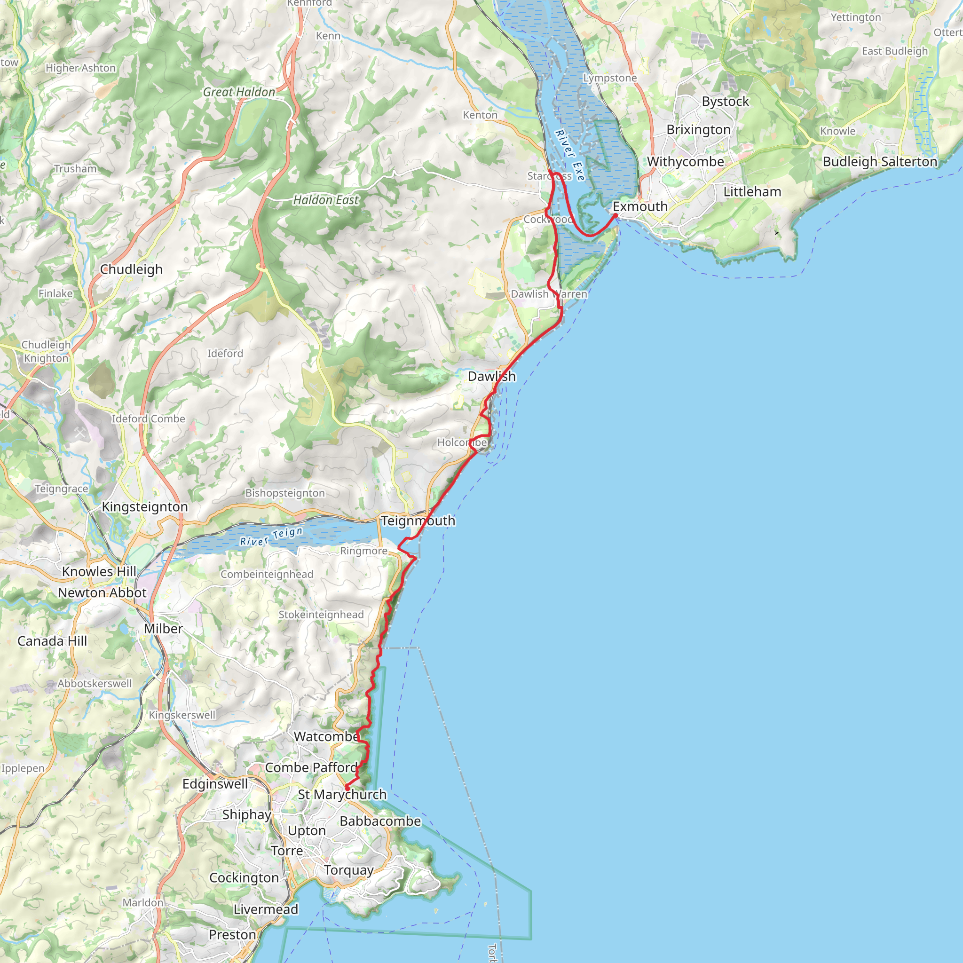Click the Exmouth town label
[x=640, y=206]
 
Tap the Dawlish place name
[x=491, y=376]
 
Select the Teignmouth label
[x=418, y=521]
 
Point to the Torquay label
[x=349, y=870]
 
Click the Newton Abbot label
[x=102, y=592]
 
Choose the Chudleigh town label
[x=132, y=269]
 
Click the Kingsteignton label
[x=145, y=506]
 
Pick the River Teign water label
[x=272, y=537]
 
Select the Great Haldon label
[x=239, y=92]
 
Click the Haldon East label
[x=326, y=200]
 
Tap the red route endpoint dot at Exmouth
[x=616, y=215]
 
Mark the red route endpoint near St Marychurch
[x=347, y=788]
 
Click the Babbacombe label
[x=380, y=821]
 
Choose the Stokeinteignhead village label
[x=321, y=615]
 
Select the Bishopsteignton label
[x=285, y=493]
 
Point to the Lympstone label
[x=610, y=78]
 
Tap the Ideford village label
[x=225, y=354]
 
